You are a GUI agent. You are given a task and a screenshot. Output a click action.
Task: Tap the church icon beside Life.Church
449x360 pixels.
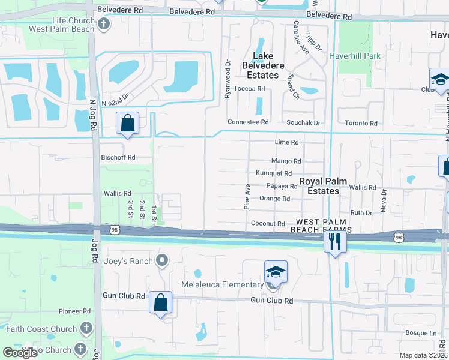pyautogui.click(x=104, y=24)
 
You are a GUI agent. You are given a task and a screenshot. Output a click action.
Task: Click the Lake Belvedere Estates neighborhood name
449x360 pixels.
pyautogui.click(x=262, y=65)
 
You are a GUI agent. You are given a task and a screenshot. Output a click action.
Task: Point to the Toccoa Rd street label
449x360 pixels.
pyautogui.click(x=249, y=89)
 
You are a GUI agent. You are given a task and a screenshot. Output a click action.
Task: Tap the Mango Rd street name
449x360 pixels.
pyautogui.click(x=286, y=161)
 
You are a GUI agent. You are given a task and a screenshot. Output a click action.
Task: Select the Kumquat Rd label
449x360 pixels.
pyautogui.click(x=274, y=173)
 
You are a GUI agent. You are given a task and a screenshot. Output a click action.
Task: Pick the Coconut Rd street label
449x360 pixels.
pyautogui.click(x=268, y=224)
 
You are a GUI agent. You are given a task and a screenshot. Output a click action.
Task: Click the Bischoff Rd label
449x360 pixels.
pyautogui.click(x=118, y=157)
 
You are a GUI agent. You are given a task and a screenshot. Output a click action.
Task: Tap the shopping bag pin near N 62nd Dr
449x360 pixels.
pyautogui.click(x=128, y=124)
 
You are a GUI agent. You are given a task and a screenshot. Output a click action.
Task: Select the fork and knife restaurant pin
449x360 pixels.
pyautogui.click(x=334, y=241)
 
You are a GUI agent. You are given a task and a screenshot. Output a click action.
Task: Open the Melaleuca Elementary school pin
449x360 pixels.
pyautogui.click(x=275, y=271)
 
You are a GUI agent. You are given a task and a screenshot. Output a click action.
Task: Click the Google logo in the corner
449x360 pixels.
pyautogui.click(x=19, y=353)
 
